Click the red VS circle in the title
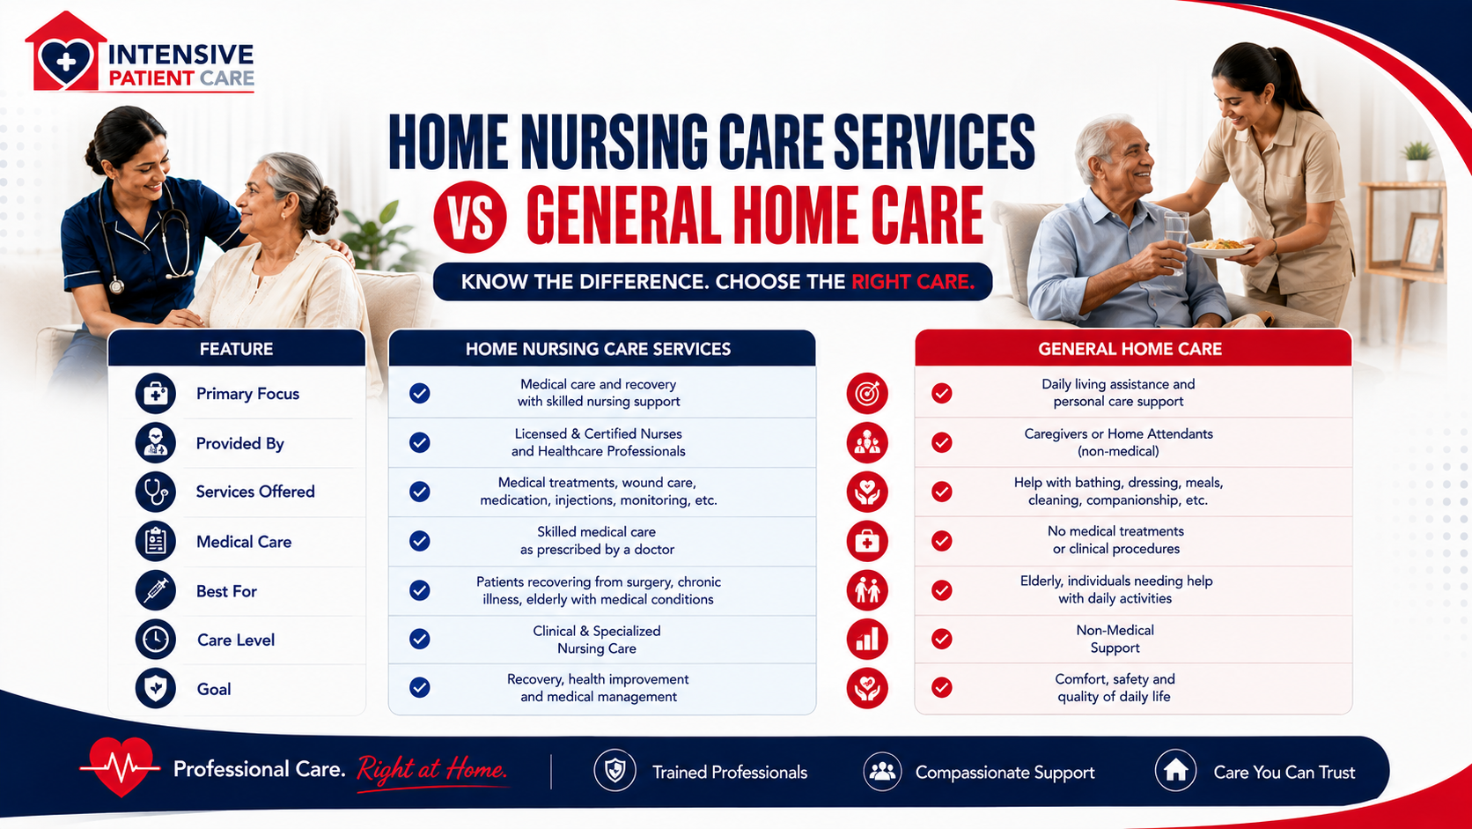coord(470,217)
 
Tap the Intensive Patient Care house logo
coord(66,51)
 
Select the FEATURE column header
coord(237,349)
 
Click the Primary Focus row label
coord(247,394)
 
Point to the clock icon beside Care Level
coord(156,639)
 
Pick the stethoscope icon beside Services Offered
coord(156,492)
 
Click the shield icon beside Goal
coord(156,688)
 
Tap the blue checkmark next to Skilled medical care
coord(419,540)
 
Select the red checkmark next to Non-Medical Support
coord(942,639)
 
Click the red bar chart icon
coord(867,639)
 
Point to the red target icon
coord(867,393)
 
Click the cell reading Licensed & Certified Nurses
coord(598,442)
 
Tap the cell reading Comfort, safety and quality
coord(1115,688)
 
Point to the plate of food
coord(1219,248)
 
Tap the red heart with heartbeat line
coord(120,766)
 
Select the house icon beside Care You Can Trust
coord(1175,771)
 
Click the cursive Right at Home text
coord(432,769)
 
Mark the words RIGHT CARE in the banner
coord(913,282)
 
